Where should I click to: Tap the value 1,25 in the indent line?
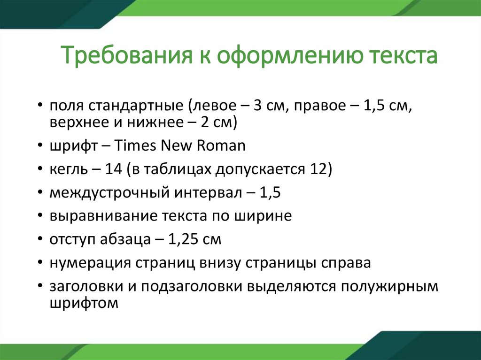coord(182,239)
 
